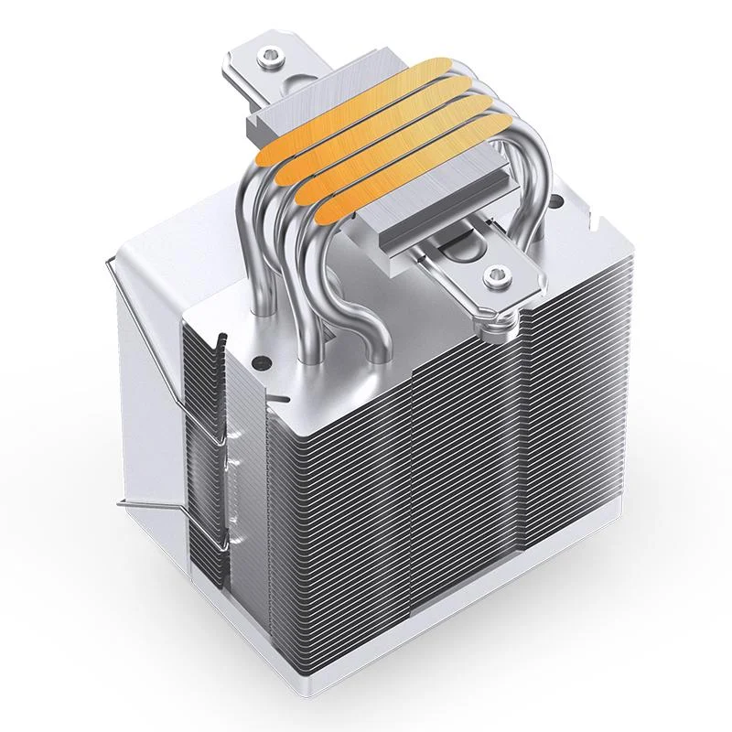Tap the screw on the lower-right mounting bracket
click(x=495, y=273)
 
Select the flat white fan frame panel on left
click(x=146, y=366)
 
